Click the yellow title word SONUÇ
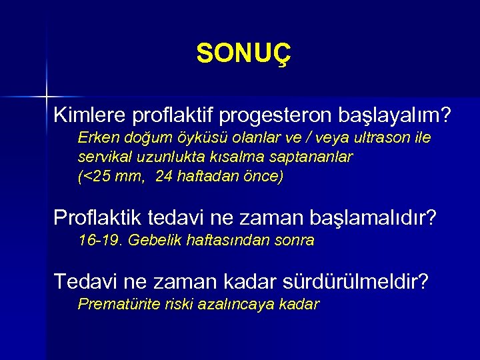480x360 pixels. click(244, 54)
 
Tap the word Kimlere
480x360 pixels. click(90, 115)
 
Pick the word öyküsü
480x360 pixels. click(196, 138)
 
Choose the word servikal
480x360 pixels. click(104, 157)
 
